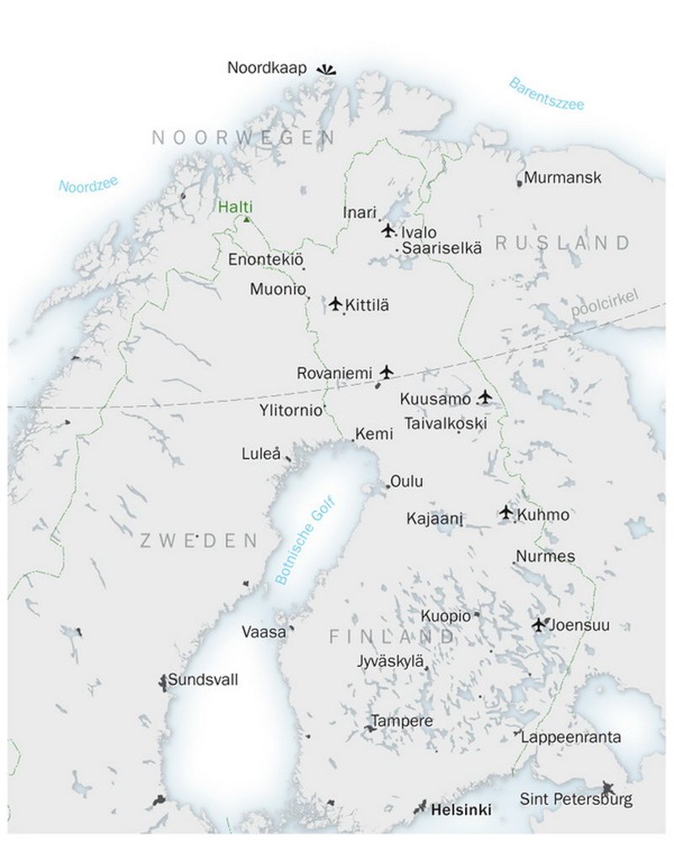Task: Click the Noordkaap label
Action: coord(267,67)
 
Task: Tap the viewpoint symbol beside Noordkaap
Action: coord(326,71)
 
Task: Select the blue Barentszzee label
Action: coord(546,93)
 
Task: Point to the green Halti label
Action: coord(235,207)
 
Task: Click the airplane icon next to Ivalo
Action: coord(388,231)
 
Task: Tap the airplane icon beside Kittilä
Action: coord(336,304)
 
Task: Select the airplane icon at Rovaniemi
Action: coord(387,371)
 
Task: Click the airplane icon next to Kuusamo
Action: coord(484,397)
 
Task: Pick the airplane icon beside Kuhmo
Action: coord(505,512)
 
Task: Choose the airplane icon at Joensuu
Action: coord(539,625)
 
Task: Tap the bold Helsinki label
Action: coord(461,811)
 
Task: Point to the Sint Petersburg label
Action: coord(575,799)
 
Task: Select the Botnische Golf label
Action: coord(305,541)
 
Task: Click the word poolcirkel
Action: coord(605,304)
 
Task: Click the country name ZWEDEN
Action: coord(198,540)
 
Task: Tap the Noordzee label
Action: coord(88,184)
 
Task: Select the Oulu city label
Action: coord(406,482)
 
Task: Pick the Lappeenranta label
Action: coord(571,738)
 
